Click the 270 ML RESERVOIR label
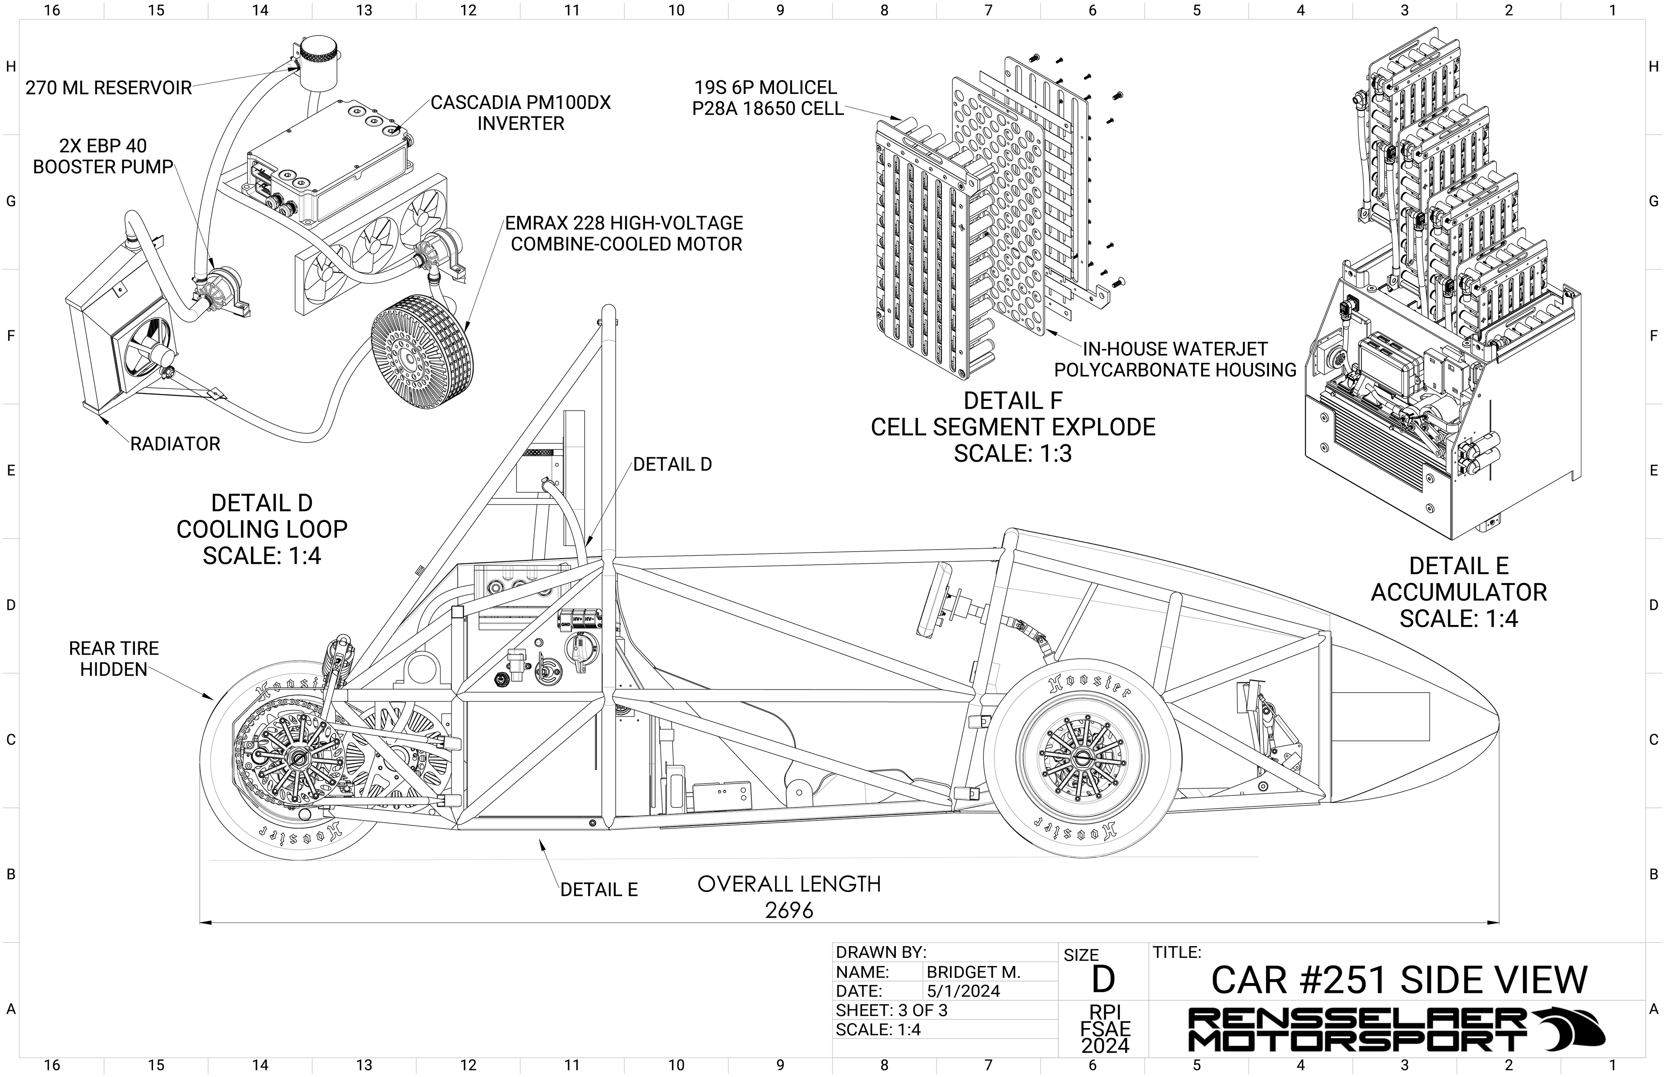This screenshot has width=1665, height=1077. pyautogui.click(x=108, y=88)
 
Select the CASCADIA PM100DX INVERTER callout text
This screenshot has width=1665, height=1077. pyautogui.click(x=520, y=113)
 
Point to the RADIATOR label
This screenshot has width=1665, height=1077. pyautogui.click(x=175, y=444)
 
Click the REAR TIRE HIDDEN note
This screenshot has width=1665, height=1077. pyautogui.click(x=114, y=659)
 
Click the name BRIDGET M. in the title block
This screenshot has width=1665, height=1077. pyautogui.click(x=973, y=972)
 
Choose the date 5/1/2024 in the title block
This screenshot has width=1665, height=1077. pyautogui.click(x=963, y=991)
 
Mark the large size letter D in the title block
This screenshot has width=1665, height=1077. pyautogui.click(x=1103, y=980)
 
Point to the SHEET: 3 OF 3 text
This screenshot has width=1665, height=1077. pyautogui.click(x=892, y=1011)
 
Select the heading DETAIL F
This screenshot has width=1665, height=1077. pyautogui.click(x=1012, y=401)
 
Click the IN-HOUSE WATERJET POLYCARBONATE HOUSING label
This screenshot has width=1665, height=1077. pyautogui.click(x=1175, y=359)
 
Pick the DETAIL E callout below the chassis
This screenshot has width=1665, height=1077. pyautogui.click(x=599, y=890)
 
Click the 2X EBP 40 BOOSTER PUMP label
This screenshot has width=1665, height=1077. pyautogui.click(x=103, y=156)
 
